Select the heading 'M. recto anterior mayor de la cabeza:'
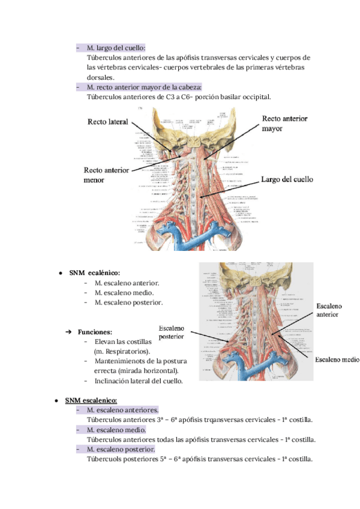point(144,87)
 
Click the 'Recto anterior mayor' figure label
point(284,124)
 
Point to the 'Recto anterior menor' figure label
point(106,175)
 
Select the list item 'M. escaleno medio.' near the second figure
point(124,293)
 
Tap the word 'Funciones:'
point(95,331)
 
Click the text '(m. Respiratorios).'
point(122,351)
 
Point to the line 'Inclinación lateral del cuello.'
point(139,381)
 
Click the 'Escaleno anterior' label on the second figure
point(329,310)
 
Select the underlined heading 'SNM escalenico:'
point(91,400)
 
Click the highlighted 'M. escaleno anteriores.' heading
point(122,410)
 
